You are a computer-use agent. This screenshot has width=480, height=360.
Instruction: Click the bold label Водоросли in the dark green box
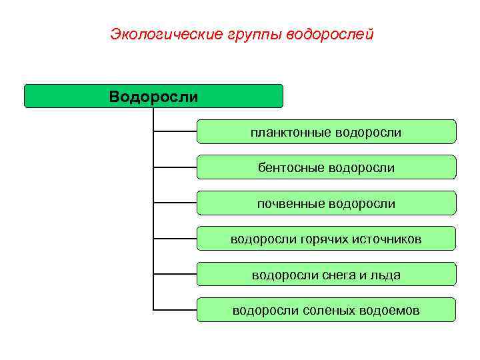click(153, 97)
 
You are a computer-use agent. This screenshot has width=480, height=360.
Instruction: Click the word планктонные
click(291, 133)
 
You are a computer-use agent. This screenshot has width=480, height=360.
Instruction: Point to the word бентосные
click(292, 168)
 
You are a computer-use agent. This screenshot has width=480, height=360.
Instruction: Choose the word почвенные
click(291, 203)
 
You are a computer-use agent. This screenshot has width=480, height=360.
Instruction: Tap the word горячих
click(319, 239)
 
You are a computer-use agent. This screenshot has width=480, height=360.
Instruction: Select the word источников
click(385, 239)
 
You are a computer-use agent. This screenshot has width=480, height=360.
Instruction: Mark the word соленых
click(330, 310)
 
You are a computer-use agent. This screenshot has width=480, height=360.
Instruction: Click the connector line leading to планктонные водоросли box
click(175, 131)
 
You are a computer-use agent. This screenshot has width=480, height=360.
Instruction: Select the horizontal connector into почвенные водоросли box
click(175, 202)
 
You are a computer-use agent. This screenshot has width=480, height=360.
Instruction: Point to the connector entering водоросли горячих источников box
click(175, 238)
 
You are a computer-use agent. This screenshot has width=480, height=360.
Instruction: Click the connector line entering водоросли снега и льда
click(175, 273)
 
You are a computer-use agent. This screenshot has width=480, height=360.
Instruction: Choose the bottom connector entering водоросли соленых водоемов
click(175, 309)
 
